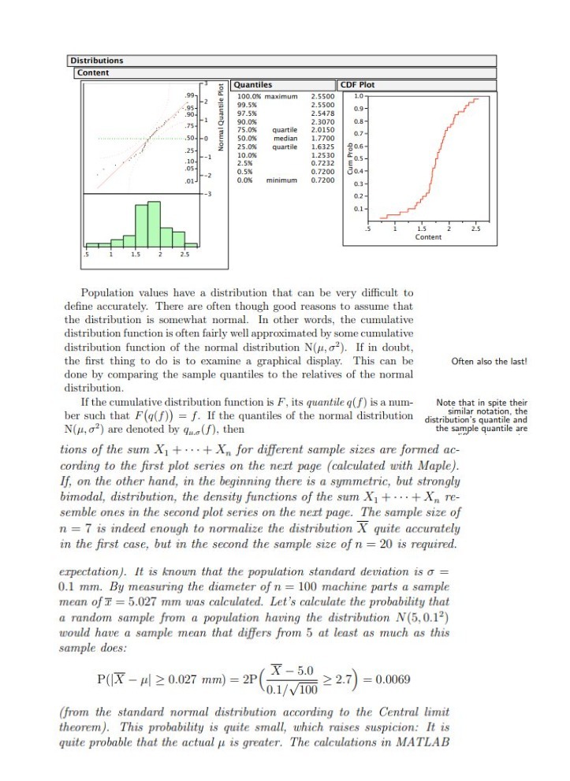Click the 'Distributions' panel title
click(97, 61)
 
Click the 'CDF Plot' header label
click(358, 85)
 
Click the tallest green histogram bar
click(153, 224)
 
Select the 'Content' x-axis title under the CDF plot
click(428, 236)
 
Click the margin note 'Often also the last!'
click(488, 363)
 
